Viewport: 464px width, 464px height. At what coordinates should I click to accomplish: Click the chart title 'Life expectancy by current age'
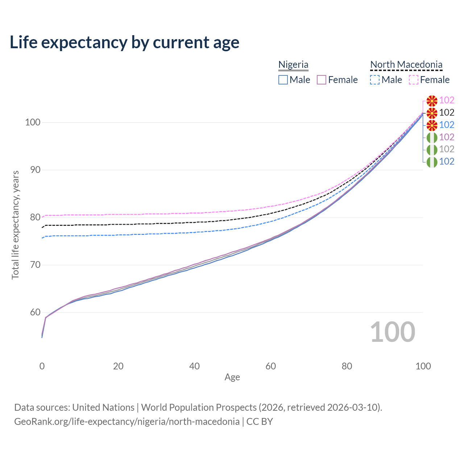[124, 42]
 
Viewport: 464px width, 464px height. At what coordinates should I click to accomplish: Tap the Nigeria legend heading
[293, 65]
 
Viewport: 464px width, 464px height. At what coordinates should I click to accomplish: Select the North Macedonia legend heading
[406, 65]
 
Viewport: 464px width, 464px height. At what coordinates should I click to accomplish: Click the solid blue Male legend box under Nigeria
[283, 80]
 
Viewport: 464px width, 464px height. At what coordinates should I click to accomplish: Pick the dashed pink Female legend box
[414, 80]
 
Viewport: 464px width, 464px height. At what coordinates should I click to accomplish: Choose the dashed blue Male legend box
[375, 80]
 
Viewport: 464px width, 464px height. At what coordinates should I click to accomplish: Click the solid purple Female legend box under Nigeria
[322, 80]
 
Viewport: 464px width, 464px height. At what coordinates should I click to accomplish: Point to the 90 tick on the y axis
[35, 170]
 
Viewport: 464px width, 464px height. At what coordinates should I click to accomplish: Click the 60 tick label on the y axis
[35, 312]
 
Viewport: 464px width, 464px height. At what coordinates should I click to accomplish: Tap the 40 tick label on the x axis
[194, 366]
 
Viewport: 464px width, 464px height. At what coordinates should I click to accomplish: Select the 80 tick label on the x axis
[347, 366]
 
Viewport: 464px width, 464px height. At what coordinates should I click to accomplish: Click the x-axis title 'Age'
[232, 377]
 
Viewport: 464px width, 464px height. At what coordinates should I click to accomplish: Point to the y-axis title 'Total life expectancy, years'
[15, 225]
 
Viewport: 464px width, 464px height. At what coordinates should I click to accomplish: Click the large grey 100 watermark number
[393, 332]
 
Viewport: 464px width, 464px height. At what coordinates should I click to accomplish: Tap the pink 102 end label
[447, 100]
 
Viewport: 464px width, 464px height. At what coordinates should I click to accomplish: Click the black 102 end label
[447, 112]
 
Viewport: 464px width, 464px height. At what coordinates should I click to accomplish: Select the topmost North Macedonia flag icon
[432, 101]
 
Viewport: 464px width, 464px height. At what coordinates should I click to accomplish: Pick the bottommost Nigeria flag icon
[432, 162]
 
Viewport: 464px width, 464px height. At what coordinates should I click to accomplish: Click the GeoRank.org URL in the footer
[127, 422]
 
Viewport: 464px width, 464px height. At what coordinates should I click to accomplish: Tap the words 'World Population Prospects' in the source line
[199, 407]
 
